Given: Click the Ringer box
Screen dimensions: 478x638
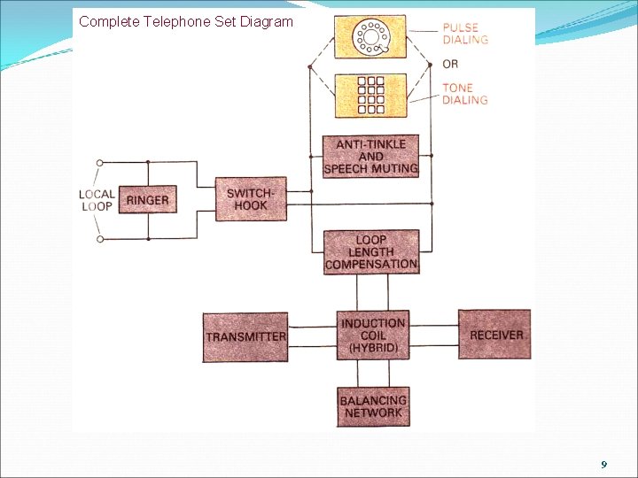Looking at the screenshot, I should [146, 200].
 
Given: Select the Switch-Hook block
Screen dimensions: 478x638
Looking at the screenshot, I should [251, 199].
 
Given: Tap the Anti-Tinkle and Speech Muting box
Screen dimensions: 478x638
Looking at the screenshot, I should [370, 157].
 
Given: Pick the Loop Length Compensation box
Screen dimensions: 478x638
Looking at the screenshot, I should [370, 252].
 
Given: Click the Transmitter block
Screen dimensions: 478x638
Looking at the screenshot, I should [245, 336].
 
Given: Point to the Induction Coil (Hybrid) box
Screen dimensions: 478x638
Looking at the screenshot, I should [373, 335].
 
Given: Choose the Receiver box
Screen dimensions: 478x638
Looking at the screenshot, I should [494, 335].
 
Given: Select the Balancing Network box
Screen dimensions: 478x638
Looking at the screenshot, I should [373, 407].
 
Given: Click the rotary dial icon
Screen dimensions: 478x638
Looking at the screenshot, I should [370, 37].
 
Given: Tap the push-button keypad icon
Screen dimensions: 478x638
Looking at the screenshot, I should [370, 96].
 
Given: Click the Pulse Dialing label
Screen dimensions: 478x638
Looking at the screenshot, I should [466, 34].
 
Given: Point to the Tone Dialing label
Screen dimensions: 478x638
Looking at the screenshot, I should [465, 94].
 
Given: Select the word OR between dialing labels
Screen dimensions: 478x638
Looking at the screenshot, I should [451, 64].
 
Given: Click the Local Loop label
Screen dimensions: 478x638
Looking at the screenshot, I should [97, 200].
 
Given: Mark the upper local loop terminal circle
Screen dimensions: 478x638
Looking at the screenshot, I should [100, 162].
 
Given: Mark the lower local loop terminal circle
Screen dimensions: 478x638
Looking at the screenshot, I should [100, 239].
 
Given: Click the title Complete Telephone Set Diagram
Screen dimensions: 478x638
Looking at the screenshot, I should [185, 20].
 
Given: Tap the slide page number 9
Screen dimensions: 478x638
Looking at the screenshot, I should [603, 465].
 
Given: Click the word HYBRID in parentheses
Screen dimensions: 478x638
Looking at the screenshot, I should [373, 349].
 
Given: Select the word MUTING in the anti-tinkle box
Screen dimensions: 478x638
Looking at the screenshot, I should [394, 168].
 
